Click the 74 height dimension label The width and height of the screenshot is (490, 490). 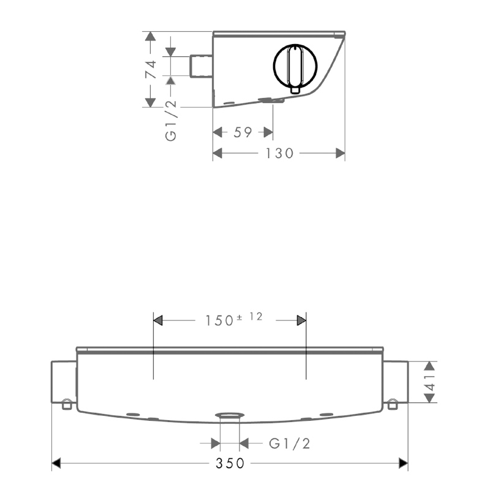tap(151, 69)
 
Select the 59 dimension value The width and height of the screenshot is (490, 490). tap(243, 132)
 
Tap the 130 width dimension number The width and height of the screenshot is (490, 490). tap(279, 153)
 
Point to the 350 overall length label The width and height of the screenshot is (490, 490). tap(230, 463)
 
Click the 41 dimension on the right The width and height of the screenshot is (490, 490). tap(431, 382)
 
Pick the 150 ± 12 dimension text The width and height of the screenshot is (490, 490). tap(233, 319)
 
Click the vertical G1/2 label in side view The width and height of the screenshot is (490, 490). tap(171, 121)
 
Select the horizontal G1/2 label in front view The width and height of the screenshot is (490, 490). tap(289, 443)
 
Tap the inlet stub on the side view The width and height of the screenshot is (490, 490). tap(202, 66)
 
